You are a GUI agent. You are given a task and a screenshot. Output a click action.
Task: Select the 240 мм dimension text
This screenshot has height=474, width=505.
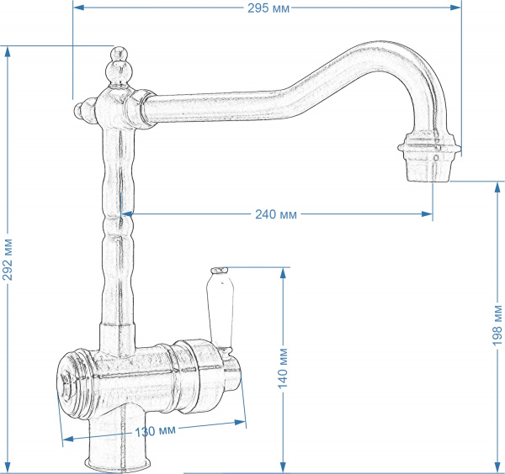pyautogui.click(x=275, y=213)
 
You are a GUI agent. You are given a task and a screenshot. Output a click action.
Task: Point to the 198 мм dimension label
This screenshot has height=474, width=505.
pyautogui.click(x=497, y=325)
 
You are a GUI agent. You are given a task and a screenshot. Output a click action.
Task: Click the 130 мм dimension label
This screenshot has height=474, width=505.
pyautogui.click(x=155, y=431)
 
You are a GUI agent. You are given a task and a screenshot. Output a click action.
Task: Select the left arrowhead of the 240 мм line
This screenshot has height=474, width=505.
pyautogui.click(x=131, y=213)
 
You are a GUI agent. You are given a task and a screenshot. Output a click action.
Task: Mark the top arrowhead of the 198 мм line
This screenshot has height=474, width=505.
pyautogui.click(x=497, y=184)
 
